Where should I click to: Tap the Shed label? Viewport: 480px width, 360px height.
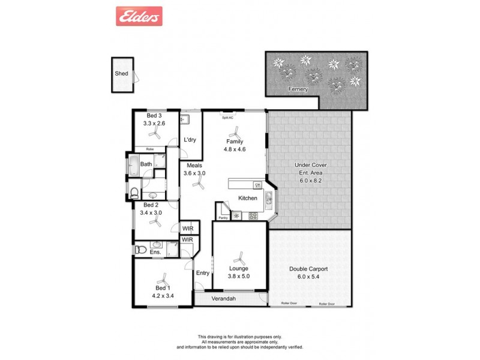121,74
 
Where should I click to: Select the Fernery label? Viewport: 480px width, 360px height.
298,89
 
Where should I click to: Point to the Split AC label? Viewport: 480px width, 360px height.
228,118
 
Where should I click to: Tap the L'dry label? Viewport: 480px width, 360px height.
190,140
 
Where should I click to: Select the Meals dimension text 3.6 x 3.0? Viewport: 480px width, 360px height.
194,173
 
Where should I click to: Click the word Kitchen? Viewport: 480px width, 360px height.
248,198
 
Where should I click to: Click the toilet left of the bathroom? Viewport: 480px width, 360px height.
135,193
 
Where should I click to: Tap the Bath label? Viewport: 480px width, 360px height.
146,164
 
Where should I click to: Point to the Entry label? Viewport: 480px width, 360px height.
203,273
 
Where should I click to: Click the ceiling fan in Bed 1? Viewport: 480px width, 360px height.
162,280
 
